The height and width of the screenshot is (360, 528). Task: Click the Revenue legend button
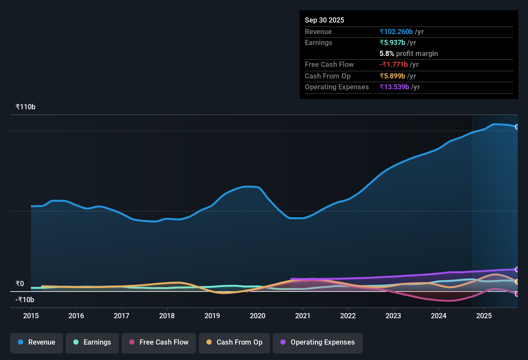point(37,342)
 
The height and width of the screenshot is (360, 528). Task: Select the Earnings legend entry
point(92,342)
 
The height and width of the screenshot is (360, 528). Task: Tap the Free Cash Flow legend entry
point(159,342)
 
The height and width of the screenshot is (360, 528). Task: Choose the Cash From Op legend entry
point(234,342)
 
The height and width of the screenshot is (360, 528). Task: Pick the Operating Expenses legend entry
point(318,342)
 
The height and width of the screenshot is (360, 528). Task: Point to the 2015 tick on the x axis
point(31,316)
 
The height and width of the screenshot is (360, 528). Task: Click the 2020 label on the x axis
point(258,316)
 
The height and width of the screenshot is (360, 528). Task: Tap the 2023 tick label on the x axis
point(393,316)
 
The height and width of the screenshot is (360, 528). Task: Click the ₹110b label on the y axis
point(25,107)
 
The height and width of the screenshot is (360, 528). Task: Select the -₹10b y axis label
point(25,300)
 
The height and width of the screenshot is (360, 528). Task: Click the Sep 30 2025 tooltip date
point(324,20)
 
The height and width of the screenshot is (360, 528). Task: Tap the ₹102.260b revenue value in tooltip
point(396,32)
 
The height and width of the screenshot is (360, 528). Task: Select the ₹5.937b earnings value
point(392,43)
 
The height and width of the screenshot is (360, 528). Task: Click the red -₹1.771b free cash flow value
point(394,65)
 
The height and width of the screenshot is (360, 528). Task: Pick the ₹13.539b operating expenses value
point(394,87)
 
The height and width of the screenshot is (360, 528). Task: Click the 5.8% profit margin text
point(408,54)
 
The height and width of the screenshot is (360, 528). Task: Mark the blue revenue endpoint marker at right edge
point(517,127)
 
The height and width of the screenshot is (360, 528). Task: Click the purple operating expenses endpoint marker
point(517,269)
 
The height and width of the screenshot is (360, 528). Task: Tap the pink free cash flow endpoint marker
point(517,294)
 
